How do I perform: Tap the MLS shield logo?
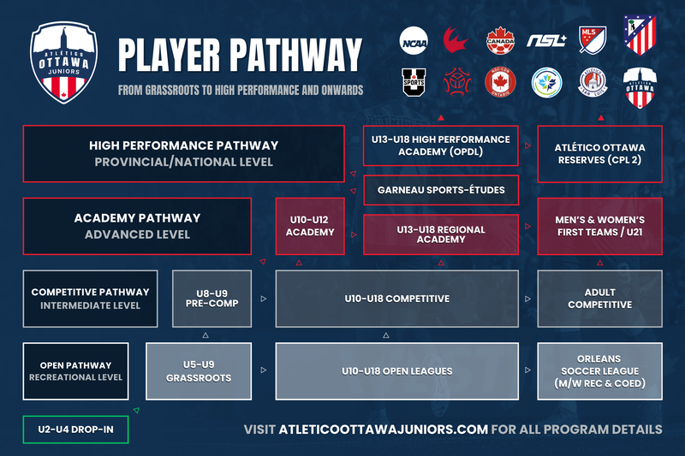tap(593, 39)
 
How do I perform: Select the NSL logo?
tap(545, 39)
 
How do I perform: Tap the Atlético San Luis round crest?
tap(593, 84)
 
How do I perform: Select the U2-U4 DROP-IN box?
tap(75, 429)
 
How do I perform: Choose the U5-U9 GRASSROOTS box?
tap(198, 371)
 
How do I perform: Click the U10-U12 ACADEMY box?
tap(309, 226)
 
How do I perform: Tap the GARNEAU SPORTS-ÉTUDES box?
tap(440, 190)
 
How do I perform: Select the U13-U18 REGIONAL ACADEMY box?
tap(440, 234)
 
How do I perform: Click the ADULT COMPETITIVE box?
tap(599, 299)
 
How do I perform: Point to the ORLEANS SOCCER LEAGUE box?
tap(599, 371)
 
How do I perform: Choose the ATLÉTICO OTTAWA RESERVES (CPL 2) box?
tap(599, 154)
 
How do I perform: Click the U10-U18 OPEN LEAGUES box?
tap(396, 371)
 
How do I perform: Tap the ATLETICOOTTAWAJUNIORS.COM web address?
tap(383, 429)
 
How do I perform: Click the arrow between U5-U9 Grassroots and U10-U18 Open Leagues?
tap(263, 371)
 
